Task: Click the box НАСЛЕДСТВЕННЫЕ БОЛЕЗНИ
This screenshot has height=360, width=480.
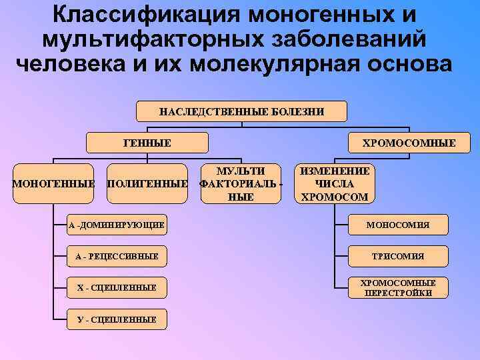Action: [241, 111]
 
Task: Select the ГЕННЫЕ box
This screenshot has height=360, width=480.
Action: [147, 143]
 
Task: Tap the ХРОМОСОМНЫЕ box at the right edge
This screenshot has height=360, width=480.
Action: [409, 143]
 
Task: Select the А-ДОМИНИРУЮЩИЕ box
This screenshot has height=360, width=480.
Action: [116, 225]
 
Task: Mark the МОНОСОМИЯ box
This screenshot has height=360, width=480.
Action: [397, 225]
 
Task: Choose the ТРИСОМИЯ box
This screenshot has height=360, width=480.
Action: [397, 256]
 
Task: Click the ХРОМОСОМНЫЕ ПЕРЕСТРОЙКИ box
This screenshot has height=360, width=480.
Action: [397, 287]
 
